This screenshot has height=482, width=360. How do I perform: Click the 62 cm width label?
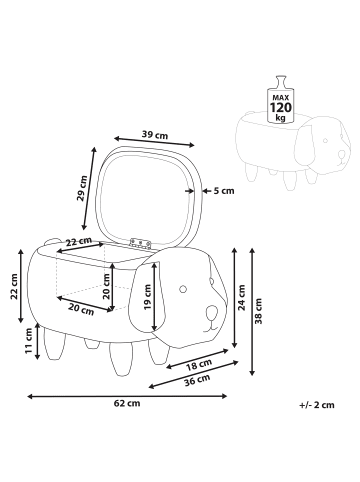127,403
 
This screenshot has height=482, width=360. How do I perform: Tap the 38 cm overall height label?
258,311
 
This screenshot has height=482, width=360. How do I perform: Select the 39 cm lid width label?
155,135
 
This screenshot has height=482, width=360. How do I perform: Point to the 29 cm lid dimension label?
82,188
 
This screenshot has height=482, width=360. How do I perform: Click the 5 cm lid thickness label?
224,191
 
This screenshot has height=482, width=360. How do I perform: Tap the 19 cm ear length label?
148,297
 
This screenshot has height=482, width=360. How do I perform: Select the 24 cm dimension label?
241,298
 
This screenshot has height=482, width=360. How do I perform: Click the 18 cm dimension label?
199,365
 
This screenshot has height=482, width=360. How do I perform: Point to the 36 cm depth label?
197,380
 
